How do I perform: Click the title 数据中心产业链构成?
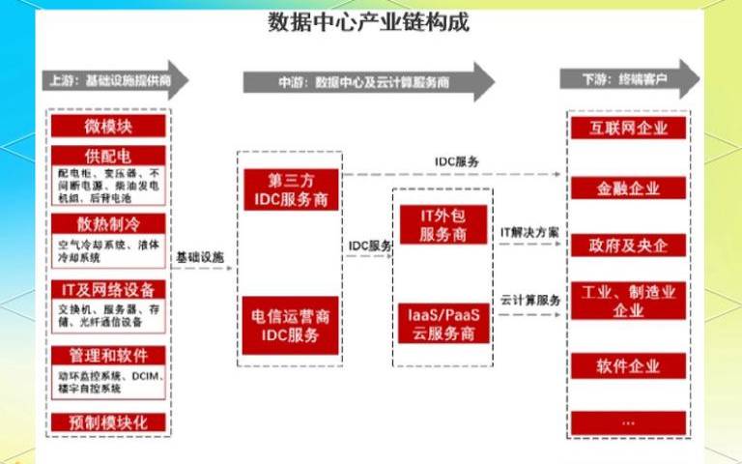(368, 21)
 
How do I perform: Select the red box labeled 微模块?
(108, 126)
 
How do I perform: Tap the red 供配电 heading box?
(108, 157)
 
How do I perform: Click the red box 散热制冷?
(108, 223)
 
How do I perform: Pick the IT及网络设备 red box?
(108, 289)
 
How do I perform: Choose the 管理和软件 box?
(108, 355)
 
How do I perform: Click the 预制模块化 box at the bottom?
(108, 422)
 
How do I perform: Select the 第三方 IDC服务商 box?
(290, 190)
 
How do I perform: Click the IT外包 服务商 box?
(444, 224)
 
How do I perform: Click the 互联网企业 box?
(628, 128)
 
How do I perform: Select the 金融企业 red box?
(628, 188)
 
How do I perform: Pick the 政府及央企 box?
(628, 245)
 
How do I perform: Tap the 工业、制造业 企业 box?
(628, 301)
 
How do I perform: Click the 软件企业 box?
(628, 365)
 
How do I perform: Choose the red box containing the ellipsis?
(628, 422)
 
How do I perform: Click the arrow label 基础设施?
(200, 258)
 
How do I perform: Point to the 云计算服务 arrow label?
(530, 301)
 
